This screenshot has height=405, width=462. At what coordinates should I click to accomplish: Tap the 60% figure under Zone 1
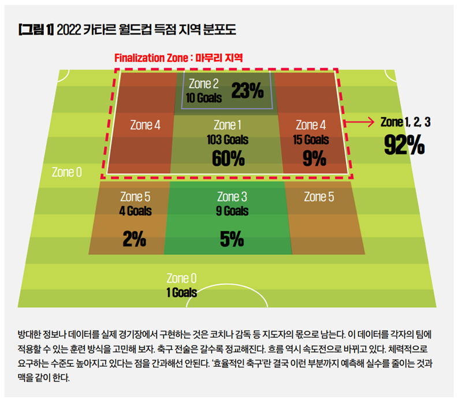point(228,158)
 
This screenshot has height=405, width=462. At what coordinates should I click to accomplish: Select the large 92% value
point(404,146)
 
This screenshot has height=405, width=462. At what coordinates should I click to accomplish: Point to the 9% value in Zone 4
point(314,158)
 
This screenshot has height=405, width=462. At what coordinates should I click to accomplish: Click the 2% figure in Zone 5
point(135,239)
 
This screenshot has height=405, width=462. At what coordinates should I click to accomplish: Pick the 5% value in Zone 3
point(231,239)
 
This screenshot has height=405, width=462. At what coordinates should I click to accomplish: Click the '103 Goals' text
point(228,140)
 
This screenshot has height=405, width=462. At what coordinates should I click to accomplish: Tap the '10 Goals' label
point(204,98)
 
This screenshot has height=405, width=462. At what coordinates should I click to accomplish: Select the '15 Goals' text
point(311,140)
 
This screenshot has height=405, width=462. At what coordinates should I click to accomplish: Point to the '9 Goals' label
point(232,211)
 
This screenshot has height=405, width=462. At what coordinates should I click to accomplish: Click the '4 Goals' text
point(135,211)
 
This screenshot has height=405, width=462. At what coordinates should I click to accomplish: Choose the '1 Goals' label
point(181,293)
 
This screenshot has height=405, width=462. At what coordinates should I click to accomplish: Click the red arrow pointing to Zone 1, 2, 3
point(359,122)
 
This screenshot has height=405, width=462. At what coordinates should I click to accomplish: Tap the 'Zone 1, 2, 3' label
point(406,122)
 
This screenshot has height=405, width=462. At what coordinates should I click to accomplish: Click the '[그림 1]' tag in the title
point(36,29)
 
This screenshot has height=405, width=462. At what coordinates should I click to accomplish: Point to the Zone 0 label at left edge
point(67,172)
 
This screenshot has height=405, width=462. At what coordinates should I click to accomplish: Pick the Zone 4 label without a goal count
point(145,125)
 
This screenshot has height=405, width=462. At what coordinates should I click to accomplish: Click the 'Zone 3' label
point(232,197)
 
